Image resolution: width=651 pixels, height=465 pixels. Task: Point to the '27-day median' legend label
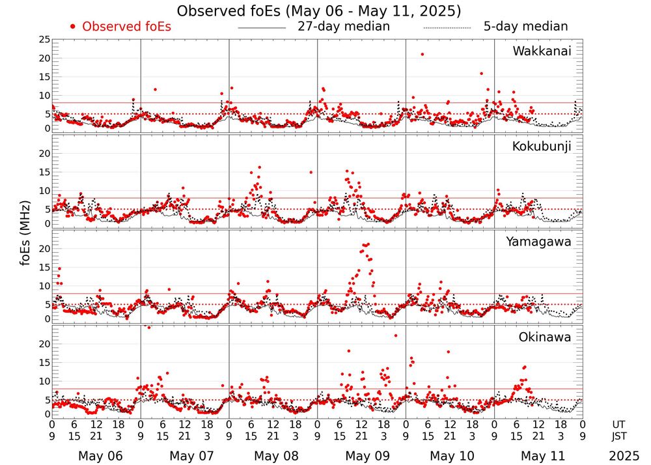pos(343,27)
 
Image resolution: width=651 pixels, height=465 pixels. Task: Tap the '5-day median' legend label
pos(526,27)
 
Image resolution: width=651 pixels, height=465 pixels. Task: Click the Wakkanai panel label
pos(542,51)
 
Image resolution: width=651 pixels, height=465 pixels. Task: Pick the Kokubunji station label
pos(541,147)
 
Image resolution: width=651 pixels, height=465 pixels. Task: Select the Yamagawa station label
pos(538,242)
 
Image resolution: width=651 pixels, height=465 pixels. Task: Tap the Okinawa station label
pos(545,337)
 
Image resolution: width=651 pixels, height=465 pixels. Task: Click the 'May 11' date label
pos(538,456)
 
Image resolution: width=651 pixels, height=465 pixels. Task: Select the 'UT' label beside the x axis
pos(619,424)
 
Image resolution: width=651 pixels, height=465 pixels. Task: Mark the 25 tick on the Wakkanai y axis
pos(44,40)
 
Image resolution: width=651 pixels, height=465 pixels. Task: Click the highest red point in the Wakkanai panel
pos(422,54)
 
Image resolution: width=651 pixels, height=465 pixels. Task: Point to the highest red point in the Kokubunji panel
pos(259,167)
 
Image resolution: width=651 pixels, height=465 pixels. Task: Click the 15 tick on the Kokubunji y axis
pos(44,172)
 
